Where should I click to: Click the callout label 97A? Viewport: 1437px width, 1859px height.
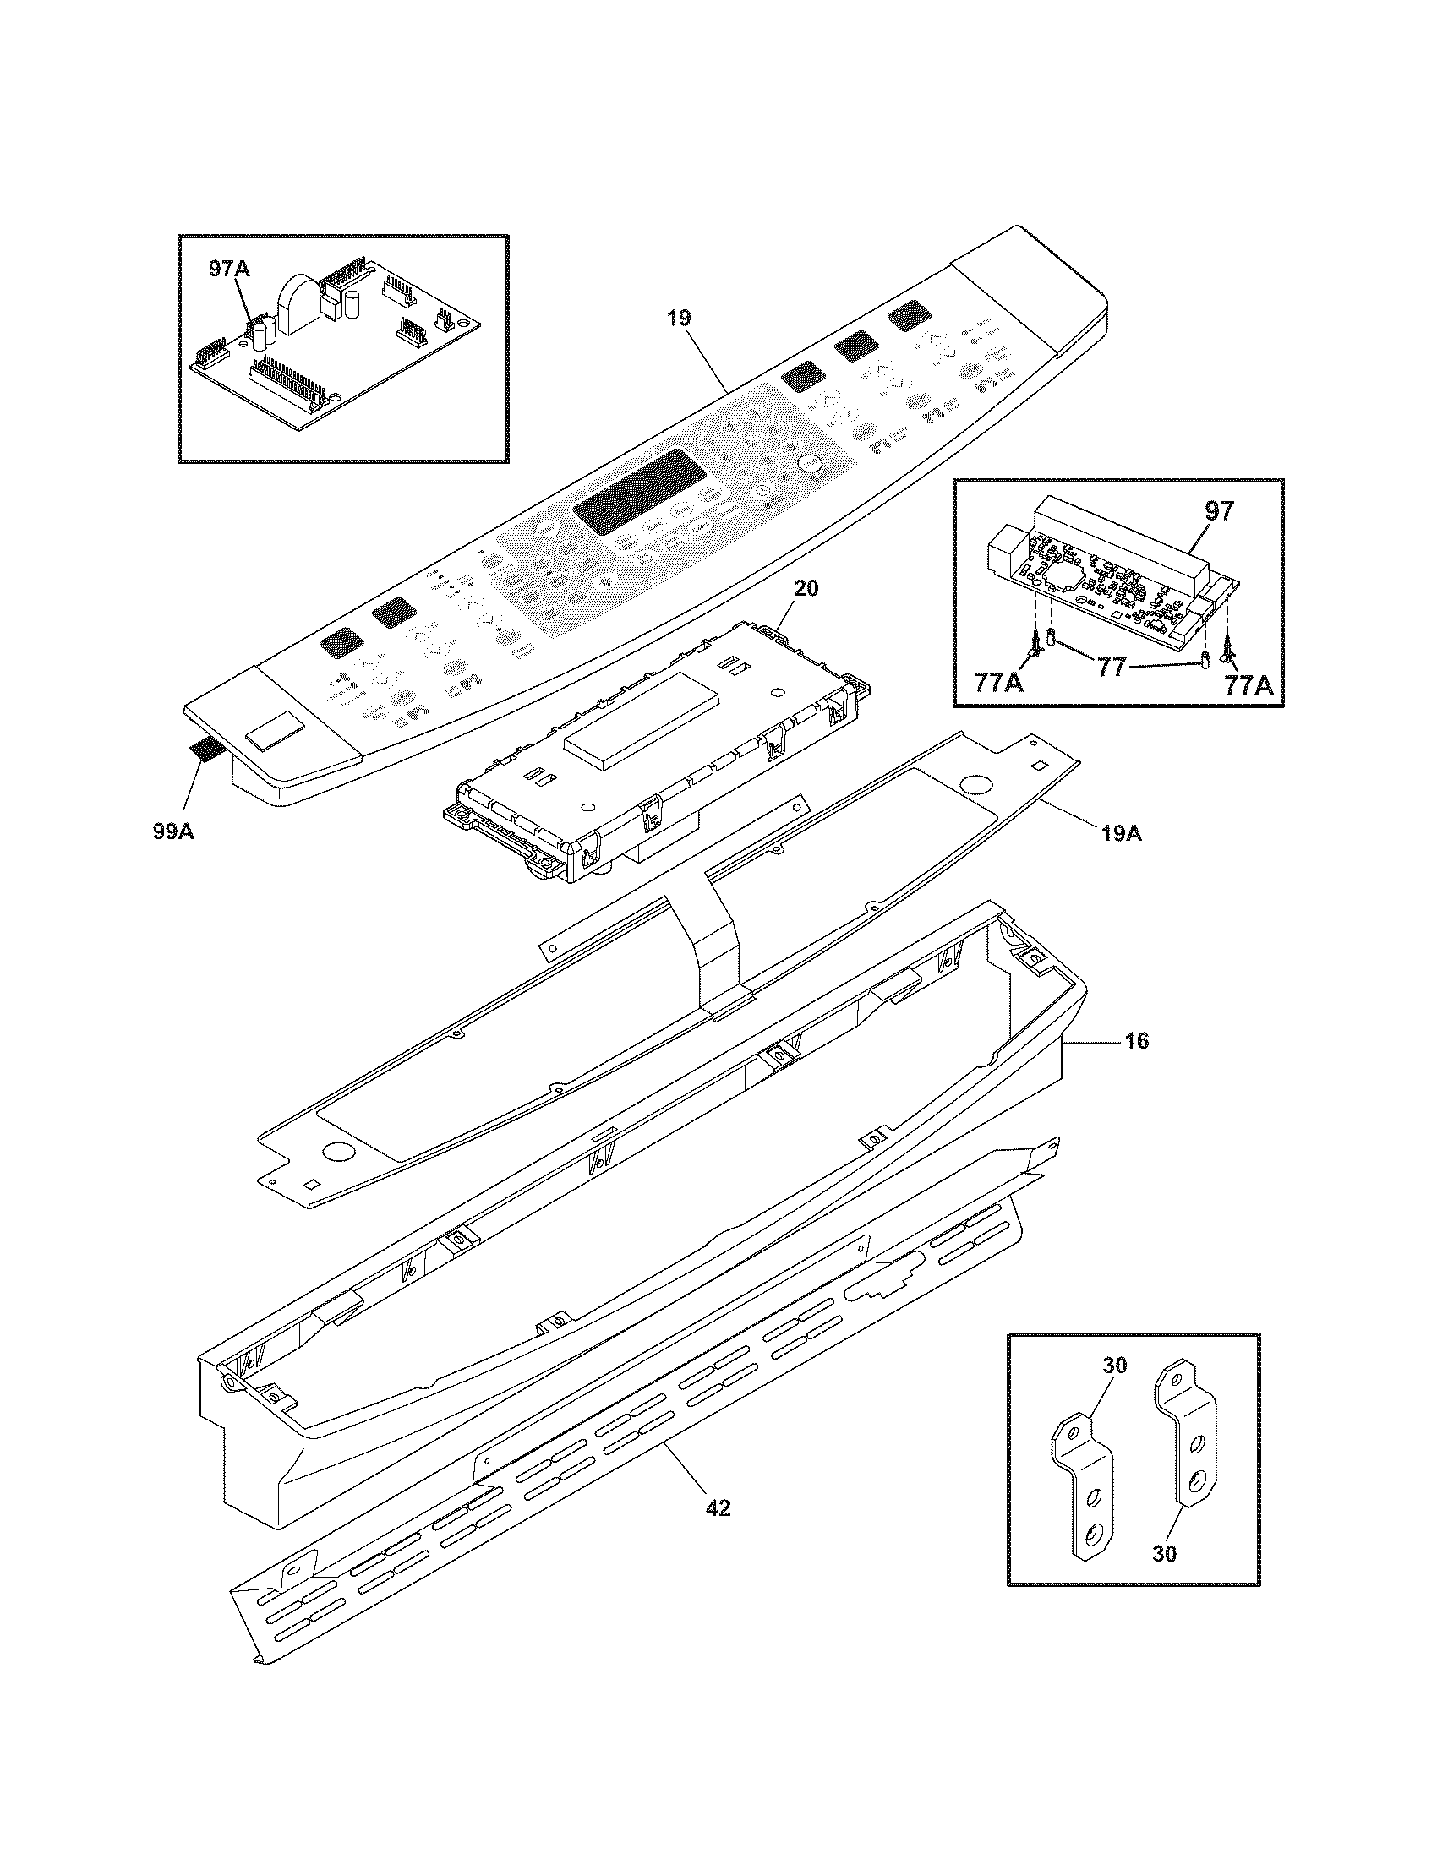point(229,269)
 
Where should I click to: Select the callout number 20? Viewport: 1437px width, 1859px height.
point(806,587)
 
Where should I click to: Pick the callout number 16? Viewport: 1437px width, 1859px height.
point(1135,1040)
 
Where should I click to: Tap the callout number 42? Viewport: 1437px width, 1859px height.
point(718,1507)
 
